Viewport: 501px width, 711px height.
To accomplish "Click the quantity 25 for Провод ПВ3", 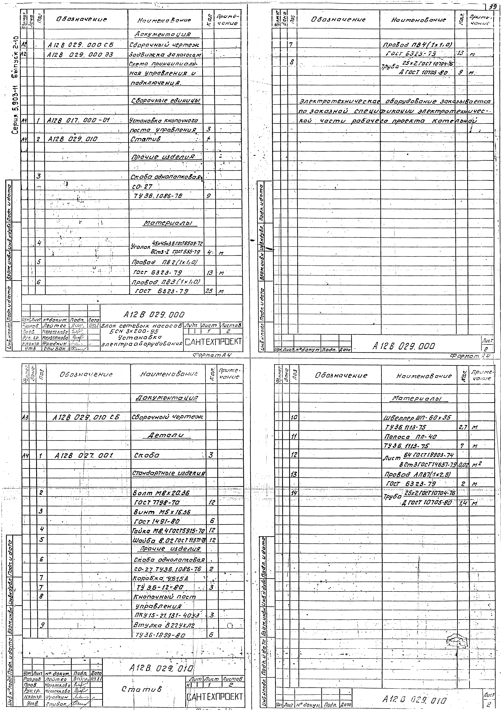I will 208,291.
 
